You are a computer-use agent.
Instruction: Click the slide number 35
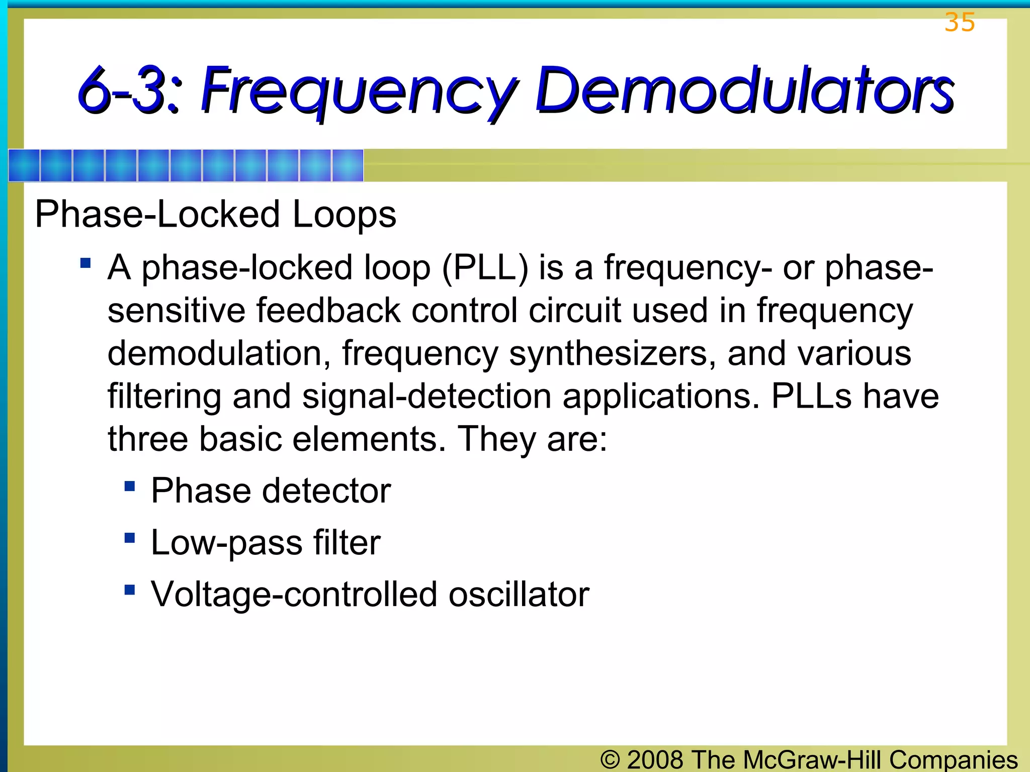(960, 22)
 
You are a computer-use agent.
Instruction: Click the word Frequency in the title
(359, 90)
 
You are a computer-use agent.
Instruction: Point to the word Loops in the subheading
(344, 215)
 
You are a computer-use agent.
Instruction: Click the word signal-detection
(426, 396)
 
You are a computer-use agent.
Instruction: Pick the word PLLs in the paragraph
(811, 396)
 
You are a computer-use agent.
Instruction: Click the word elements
(369, 439)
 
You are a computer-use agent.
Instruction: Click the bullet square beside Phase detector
(130, 486)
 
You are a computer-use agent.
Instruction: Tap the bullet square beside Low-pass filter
(130, 538)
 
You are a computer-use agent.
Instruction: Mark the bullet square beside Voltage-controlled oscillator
(130, 590)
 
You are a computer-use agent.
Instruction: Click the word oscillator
(519, 595)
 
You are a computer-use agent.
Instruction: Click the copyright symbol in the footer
(610, 759)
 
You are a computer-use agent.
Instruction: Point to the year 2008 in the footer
(655, 759)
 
